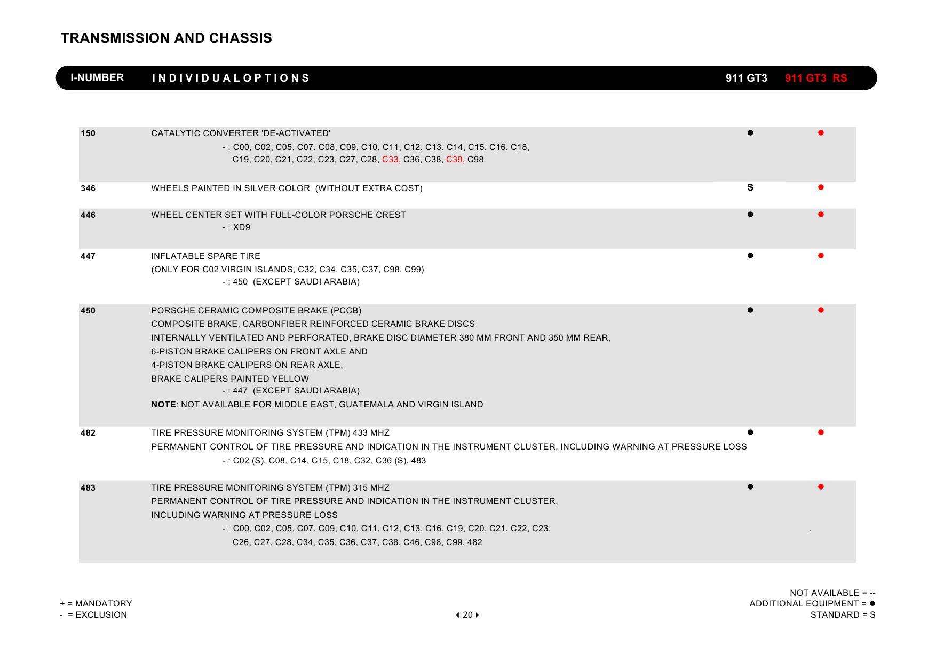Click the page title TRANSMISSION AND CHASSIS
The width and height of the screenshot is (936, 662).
coord(166,38)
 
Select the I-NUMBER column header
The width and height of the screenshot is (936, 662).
coord(97,78)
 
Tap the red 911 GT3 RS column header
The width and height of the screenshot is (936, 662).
coord(815,78)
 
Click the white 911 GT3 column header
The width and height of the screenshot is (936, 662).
coord(746,78)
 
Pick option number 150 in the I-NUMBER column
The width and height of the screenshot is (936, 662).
coord(88,133)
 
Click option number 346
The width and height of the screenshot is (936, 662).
coord(88,188)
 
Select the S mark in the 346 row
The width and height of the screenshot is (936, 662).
coord(750,187)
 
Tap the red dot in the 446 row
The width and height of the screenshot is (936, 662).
coord(820,215)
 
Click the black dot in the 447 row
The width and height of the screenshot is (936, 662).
coord(750,256)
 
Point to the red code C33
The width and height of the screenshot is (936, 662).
coord(391,160)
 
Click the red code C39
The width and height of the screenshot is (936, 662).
coord(455,160)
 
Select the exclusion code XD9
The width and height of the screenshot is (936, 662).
coord(241,227)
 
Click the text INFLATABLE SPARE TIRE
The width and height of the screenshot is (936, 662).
coord(205,256)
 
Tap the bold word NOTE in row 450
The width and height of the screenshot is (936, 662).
coord(163,405)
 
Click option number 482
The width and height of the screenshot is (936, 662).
coord(88,433)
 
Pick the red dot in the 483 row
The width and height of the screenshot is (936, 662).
coord(820,487)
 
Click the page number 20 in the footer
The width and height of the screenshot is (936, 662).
coord(467,615)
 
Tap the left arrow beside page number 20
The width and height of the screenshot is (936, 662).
coord(458,615)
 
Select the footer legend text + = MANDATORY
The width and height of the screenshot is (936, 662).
coord(96,604)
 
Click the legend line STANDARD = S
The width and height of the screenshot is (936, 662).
coord(843,615)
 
